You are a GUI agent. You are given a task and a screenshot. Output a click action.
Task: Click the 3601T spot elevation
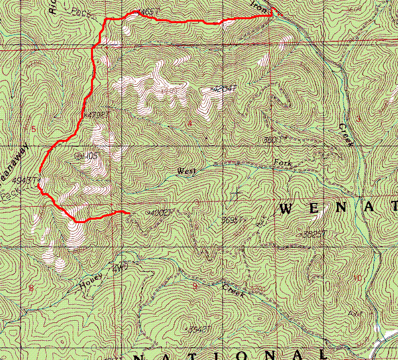(275, 140)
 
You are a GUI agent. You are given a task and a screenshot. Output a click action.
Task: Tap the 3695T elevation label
(233, 220)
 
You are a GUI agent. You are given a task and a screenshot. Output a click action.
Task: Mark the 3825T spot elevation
(315, 233)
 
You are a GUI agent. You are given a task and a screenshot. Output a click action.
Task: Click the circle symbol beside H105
(78, 156)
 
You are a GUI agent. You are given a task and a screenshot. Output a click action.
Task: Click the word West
(186, 171)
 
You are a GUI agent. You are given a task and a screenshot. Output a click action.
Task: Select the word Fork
(283, 163)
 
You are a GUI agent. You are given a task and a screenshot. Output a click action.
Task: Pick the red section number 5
(33, 129)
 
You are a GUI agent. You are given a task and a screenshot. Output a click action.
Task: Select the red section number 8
(31, 288)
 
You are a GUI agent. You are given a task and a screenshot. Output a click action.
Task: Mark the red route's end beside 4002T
(129, 213)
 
